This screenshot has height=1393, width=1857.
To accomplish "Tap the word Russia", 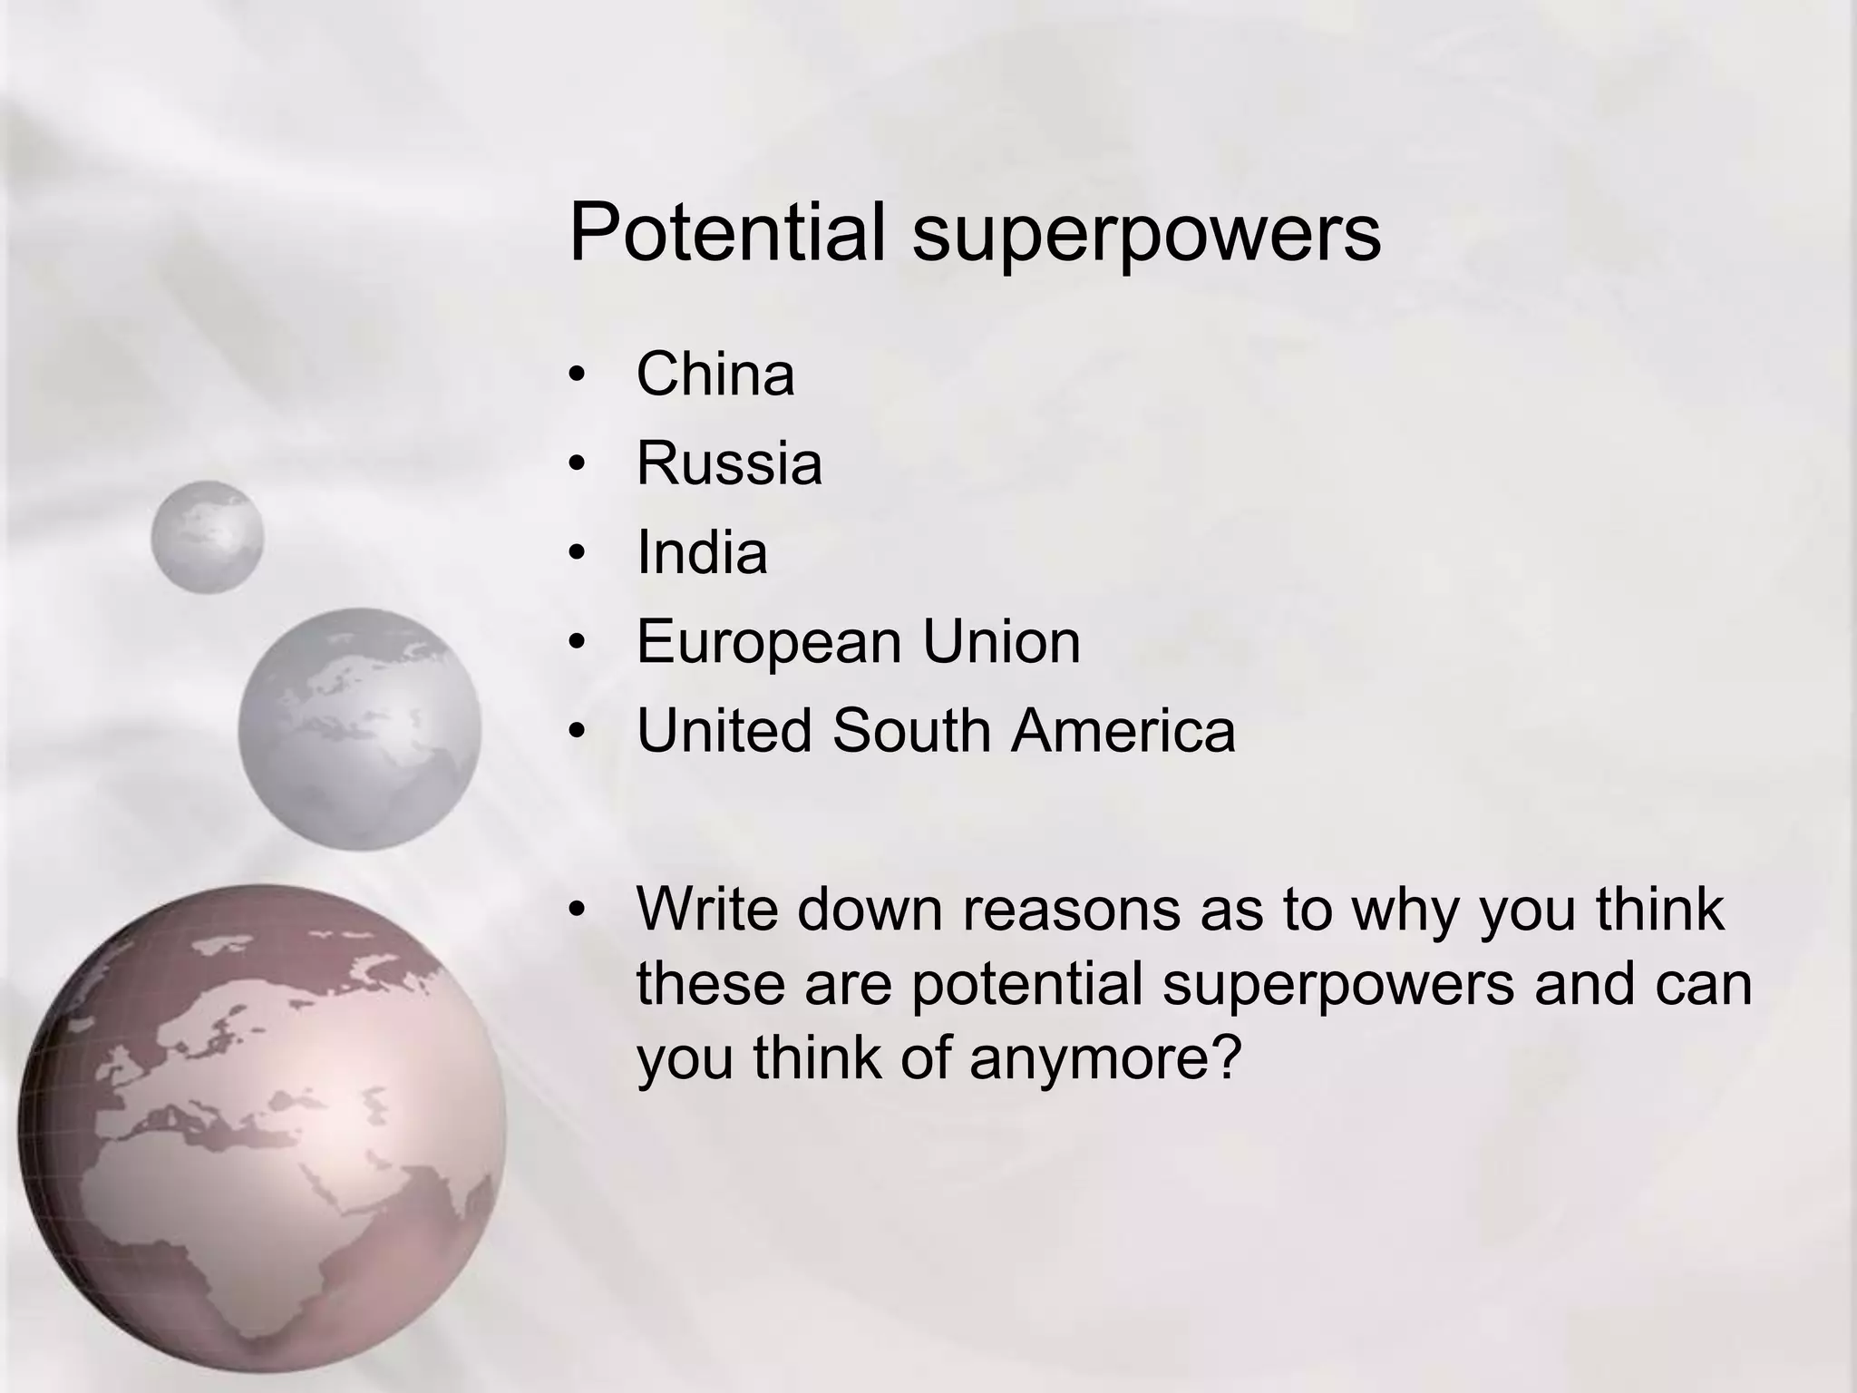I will pos(729,463).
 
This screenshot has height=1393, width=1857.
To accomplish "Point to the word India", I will pos(702,551).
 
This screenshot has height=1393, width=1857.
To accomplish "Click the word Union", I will pos(1001,640).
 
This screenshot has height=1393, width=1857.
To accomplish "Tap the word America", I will pos(1123,730).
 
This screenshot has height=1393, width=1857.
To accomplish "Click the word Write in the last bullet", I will pos(707,908).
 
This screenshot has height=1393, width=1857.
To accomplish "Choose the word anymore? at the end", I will pos(1104,1058).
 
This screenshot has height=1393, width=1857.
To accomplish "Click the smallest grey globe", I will pos(207,537).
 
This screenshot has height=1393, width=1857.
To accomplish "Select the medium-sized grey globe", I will pos(360,729).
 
